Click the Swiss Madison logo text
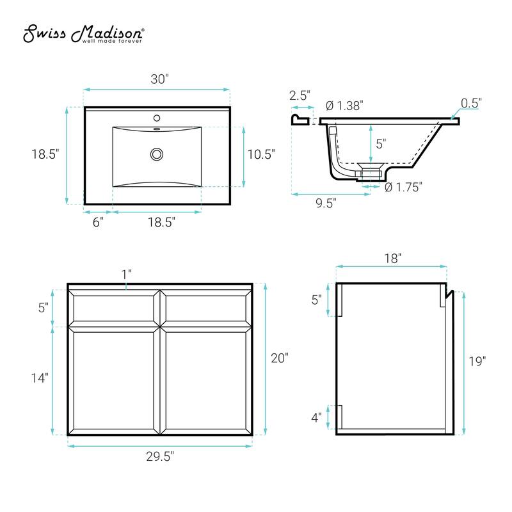(x=83, y=35)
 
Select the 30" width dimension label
(x=159, y=79)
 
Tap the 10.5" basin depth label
(x=261, y=154)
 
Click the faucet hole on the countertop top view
(x=156, y=118)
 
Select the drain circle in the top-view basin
(x=156, y=154)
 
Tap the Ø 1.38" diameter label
(x=344, y=106)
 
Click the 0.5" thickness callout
(x=471, y=102)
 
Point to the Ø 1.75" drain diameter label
(x=403, y=187)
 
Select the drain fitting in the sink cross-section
(x=370, y=171)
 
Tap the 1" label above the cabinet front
(x=127, y=273)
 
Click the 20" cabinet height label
(x=279, y=358)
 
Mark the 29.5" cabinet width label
(x=159, y=456)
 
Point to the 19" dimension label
(x=477, y=360)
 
